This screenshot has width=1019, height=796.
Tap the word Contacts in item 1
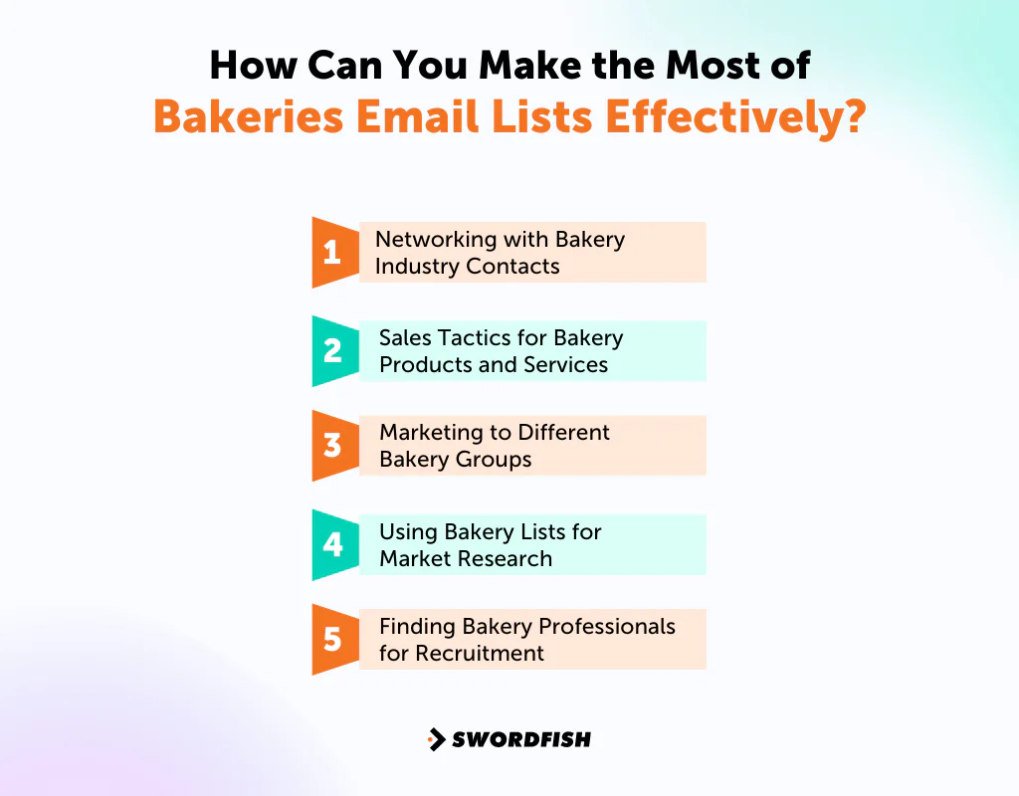(512, 267)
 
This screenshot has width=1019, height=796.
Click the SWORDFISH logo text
(521, 739)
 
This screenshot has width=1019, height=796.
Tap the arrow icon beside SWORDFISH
(436, 739)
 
